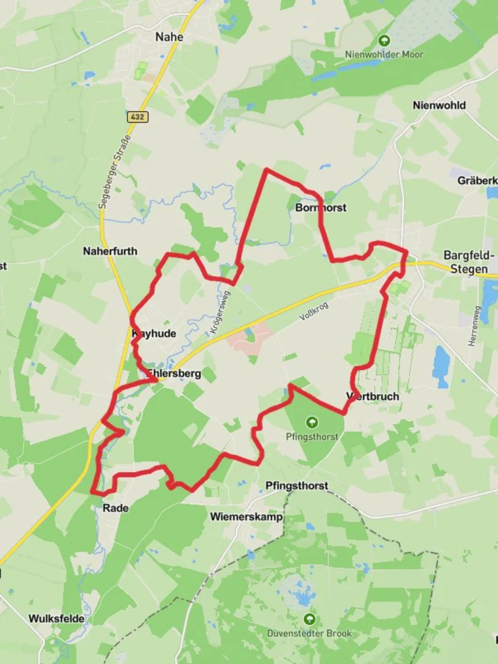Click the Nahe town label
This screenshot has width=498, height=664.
(x=169, y=37)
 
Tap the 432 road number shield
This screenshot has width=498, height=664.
(x=139, y=116)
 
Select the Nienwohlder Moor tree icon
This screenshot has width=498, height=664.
(x=384, y=41)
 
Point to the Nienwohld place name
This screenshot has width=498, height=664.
(x=438, y=105)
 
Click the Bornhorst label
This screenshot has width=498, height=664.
(x=321, y=208)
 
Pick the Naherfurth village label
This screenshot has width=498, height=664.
(x=110, y=251)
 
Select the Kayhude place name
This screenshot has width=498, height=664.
(x=154, y=334)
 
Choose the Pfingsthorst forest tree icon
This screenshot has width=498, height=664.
(x=312, y=422)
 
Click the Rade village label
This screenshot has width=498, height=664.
(x=115, y=508)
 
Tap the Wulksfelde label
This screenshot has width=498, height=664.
(x=56, y=619)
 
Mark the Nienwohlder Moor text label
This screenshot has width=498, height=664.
(x=384, y=55)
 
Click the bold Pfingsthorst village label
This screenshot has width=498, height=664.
(x=296, y=486)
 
